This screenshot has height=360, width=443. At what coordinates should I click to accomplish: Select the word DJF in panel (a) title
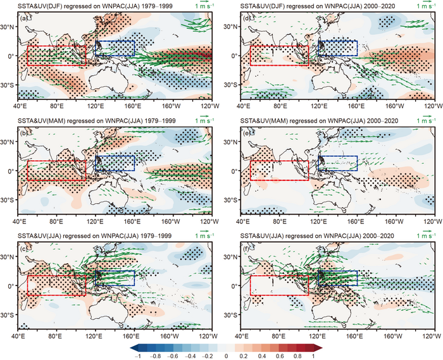pos(60,6)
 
